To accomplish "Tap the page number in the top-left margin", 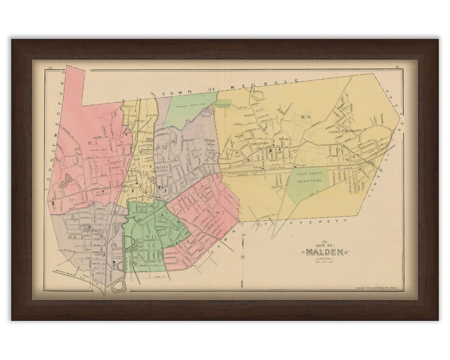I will (x=50, y=69).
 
